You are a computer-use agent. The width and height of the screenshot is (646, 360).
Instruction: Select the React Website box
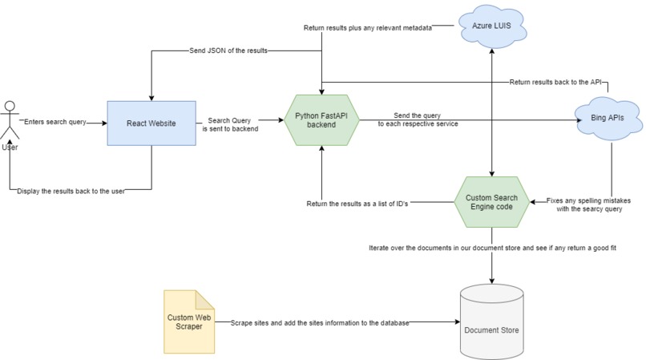[151, 123]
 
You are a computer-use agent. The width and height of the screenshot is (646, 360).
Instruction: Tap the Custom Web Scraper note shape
[190, 322]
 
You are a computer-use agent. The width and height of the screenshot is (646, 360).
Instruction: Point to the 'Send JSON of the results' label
[227, 51]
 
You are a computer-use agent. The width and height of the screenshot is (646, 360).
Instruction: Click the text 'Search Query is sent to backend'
[232, 123]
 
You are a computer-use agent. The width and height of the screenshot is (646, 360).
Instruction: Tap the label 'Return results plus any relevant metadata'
[368, 28]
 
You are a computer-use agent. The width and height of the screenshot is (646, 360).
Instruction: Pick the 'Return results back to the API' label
[555, 82]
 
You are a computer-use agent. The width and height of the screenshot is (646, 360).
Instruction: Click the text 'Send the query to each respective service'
[418, 120]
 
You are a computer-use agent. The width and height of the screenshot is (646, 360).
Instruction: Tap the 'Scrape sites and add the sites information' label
[320, 322]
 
